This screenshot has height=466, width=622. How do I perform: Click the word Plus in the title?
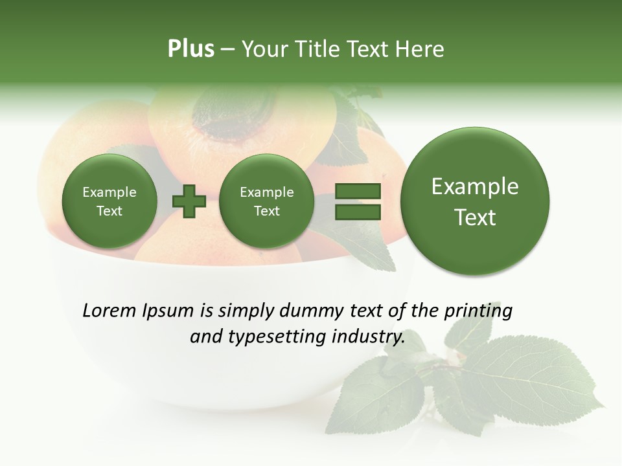click(x=190, y=49)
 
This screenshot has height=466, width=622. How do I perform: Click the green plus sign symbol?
click(x=189, y=201)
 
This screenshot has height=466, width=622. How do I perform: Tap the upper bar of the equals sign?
click(x=357, y=192)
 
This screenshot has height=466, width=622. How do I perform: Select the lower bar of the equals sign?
click(x=357, y=212)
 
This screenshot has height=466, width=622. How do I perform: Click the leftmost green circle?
click(x=109, y=201)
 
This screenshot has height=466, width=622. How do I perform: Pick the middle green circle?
click(x=266, y=201)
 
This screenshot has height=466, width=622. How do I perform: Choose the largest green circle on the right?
click(x=475, y=201)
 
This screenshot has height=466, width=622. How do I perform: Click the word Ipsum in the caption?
click(x=168, y=311)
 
